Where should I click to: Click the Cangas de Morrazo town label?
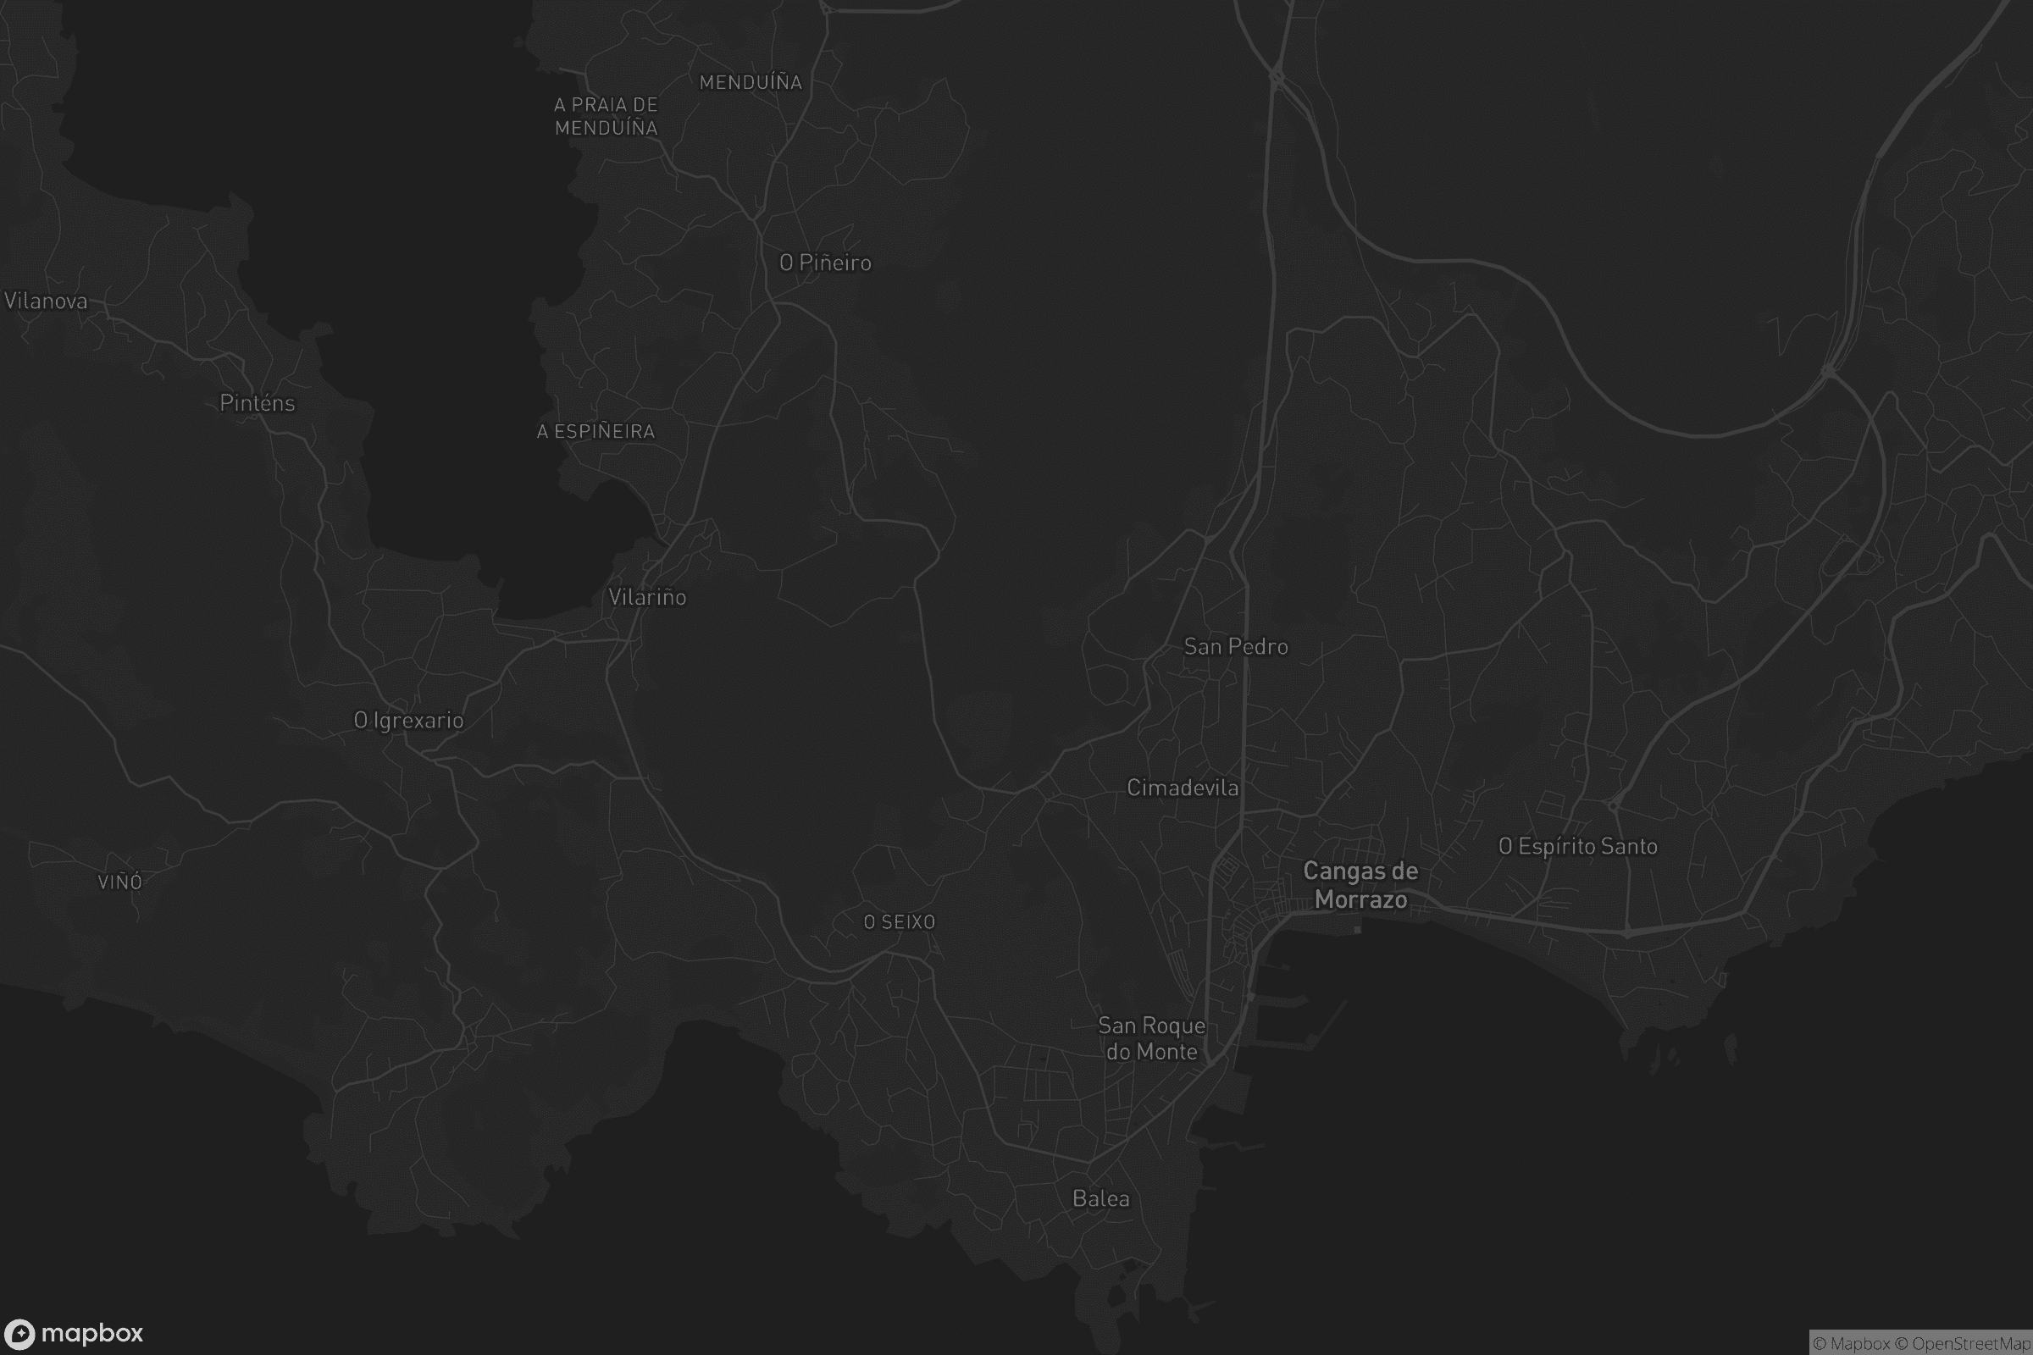[x=1360, y=885]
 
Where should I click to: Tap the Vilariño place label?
[x=647, y=597]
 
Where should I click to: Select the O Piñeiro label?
[x=825, y=263]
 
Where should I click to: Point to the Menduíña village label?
[x=751, y=82]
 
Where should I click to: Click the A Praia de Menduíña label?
[x=606, y=116]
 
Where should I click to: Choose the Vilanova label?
[x=46, y=301]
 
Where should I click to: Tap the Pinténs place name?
[x=258, y=403]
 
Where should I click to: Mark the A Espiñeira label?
[x=595, y=431]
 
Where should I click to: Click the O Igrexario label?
[x=409, y=720]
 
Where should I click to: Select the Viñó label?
[x=120, y=882]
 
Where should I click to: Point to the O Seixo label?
[x=900, y=922]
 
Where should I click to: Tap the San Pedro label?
[x=1236, y=646]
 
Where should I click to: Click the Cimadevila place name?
[x=1183, y=788]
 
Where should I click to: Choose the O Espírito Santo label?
[x=1578, y=846]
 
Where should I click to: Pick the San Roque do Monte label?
[x=1151, y=1038]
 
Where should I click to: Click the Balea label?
[x=1101, y=1198]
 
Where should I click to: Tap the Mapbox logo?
[x=74, y=1333]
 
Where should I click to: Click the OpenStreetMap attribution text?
[x=1971, y=1344]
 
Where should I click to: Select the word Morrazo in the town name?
[x=1360, y=899]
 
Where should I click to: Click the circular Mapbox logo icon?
[x=19, y=1333]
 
